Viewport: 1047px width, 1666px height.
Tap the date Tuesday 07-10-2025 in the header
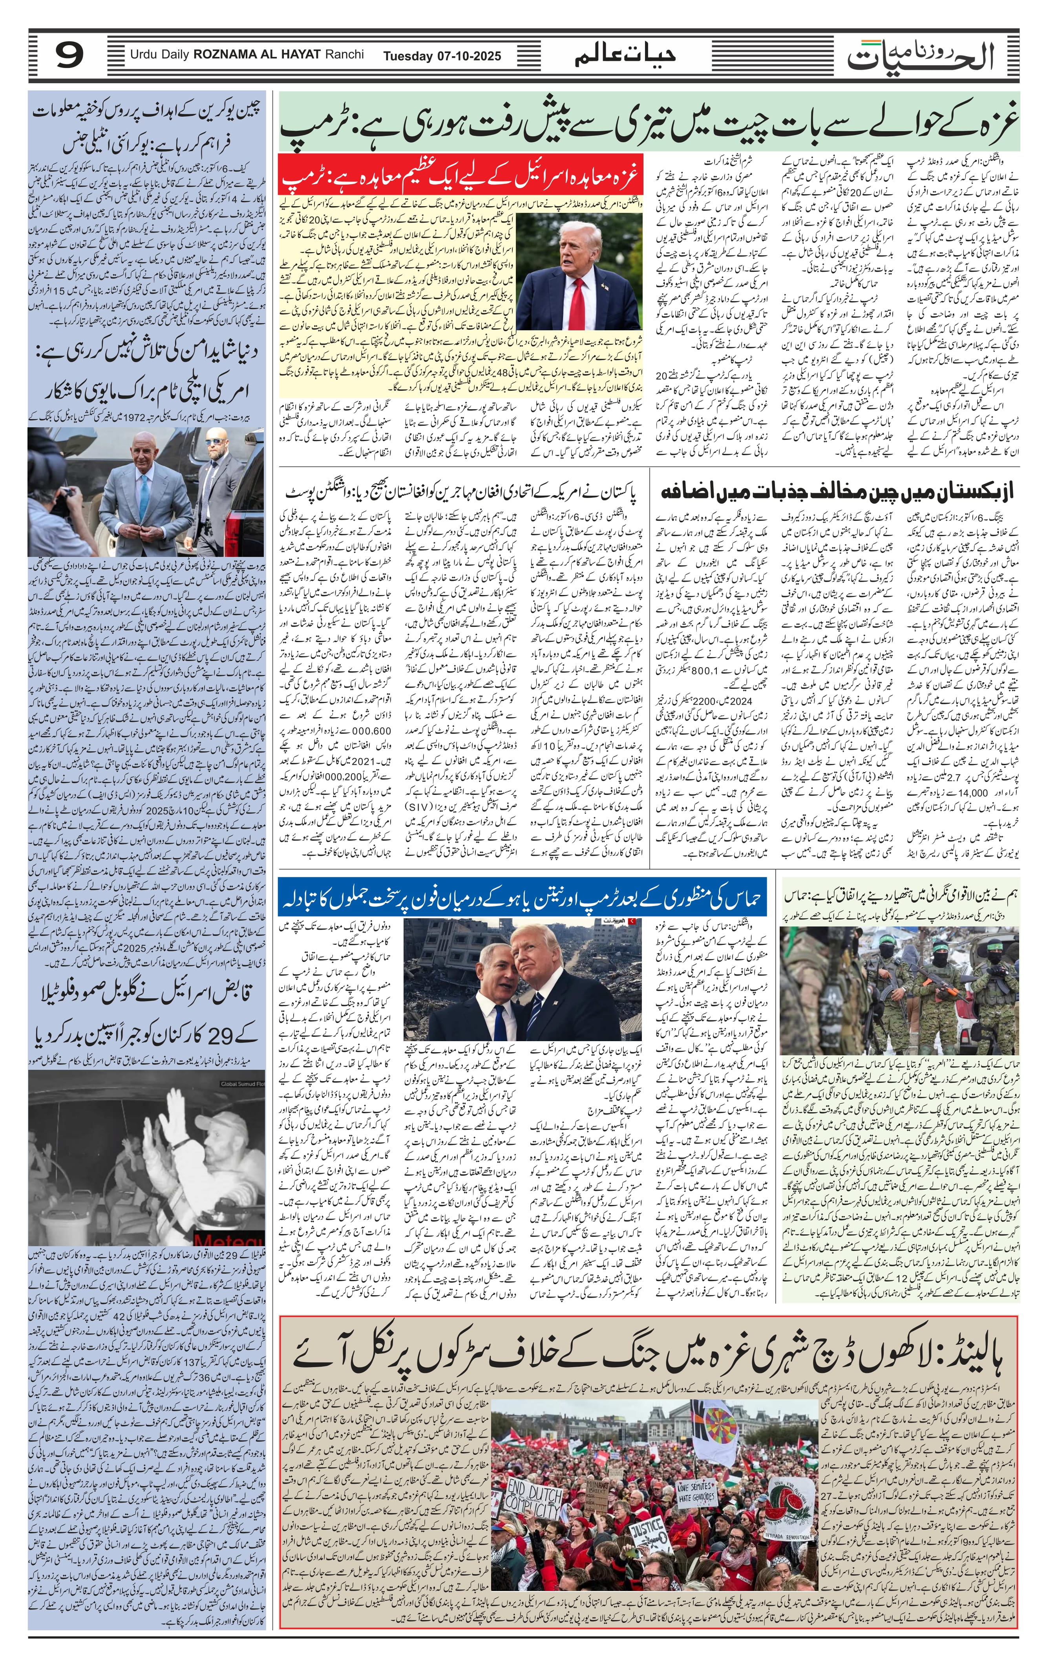[x=442, y=56]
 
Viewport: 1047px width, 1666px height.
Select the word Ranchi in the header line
[x=347, y=55]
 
